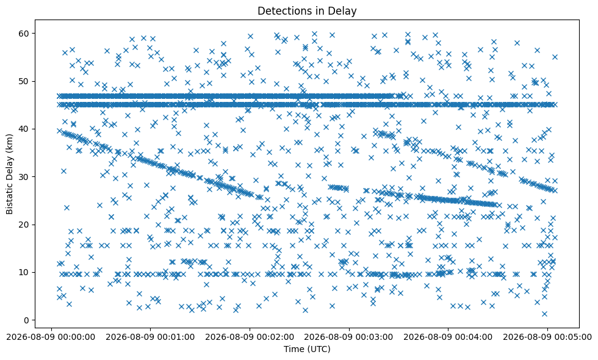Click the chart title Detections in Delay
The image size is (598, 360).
[307, 11]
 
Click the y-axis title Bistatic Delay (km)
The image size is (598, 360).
[9, 174]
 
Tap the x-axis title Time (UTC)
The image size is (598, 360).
[307, 349]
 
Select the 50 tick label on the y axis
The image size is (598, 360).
[24, 81]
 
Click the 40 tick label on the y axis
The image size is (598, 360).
[24, 129]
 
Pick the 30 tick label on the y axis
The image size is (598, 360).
[24, 177]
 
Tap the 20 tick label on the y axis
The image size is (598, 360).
[24, 225]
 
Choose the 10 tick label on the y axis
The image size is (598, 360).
[24, 272]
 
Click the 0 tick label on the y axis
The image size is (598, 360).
[27, 320]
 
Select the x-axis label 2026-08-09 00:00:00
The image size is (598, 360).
[51, 337]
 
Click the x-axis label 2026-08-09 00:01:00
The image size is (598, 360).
[150, 337]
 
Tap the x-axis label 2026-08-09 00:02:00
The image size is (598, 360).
[250, 337]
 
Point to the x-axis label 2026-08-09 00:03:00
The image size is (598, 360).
[349, 337]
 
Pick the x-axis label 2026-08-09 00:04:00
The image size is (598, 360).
[448, 337]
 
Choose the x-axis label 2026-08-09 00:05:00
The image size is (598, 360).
[548, 337]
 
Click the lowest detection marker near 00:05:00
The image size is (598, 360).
[544, 314]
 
